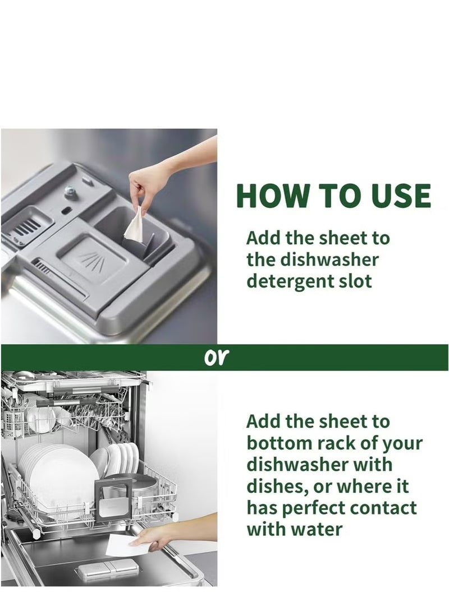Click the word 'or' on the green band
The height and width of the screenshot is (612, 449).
(215, 357)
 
